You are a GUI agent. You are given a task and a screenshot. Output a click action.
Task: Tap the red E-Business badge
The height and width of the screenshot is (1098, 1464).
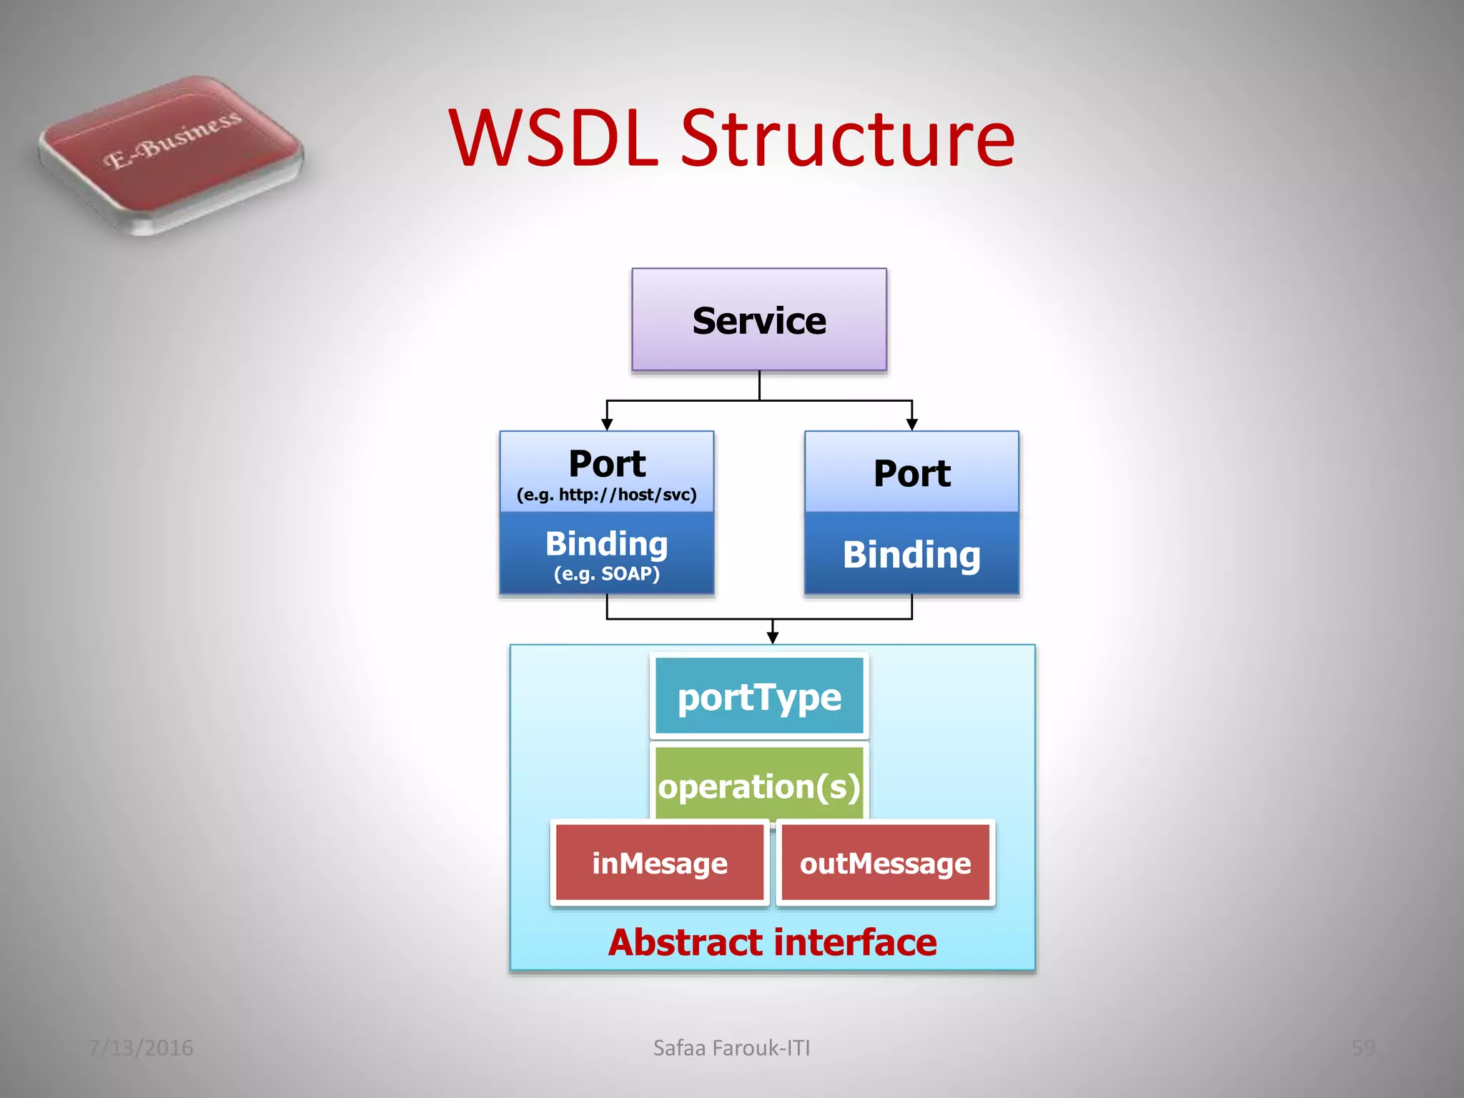click(x=170, y=154)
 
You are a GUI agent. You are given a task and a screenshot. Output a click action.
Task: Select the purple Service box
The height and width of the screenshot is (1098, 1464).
click(x=758, y=320)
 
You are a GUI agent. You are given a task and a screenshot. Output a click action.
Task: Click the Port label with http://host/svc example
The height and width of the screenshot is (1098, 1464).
click(x=607, y=463)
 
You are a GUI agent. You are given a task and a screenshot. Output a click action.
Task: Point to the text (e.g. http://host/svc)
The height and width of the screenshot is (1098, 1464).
click(x=606, y=495)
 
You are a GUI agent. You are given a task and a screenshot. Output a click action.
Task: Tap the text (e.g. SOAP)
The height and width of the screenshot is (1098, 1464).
click(x=606, y=573)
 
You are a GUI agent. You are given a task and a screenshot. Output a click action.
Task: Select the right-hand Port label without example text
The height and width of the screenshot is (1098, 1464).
click(x=911, y=473)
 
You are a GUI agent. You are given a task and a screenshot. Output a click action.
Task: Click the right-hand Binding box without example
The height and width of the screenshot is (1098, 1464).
click(x=911, y=554)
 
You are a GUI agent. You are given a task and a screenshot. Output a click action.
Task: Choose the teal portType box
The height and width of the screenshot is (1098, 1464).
click(x=758, y=697)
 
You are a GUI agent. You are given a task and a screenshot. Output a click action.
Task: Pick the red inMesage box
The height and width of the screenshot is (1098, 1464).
click(x=659, y=863)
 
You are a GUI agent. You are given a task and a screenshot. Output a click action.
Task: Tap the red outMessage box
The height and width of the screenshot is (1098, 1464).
click(x=885, y=863)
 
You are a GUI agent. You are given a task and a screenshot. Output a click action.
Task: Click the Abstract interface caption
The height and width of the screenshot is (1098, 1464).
click(x=772, y=942)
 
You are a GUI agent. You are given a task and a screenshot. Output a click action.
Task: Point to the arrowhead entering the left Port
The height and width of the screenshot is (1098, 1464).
click(x=607, y=425)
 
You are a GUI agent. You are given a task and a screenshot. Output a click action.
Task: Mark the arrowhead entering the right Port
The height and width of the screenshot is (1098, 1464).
click(x=911, y=425)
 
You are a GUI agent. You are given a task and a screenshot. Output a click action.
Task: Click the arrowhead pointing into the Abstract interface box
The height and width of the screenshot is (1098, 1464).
click(x=772, y=638)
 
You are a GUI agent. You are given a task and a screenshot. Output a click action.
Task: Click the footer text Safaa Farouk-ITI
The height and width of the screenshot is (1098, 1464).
click(x=731, y=1047)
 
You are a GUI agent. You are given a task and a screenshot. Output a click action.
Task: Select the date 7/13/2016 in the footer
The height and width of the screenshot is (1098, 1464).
click(x=141, y=1047)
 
